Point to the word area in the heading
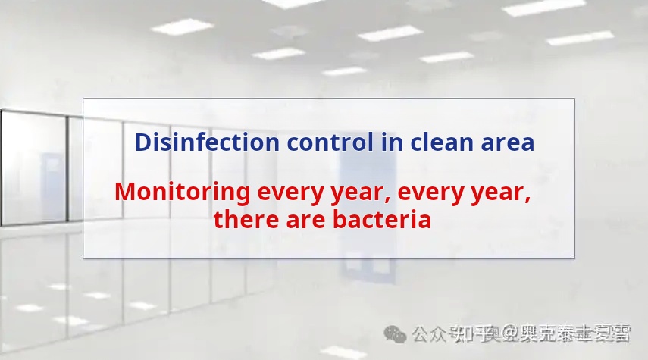508,142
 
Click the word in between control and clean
392,142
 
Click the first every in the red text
284,193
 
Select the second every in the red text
424,193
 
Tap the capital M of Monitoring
126,193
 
